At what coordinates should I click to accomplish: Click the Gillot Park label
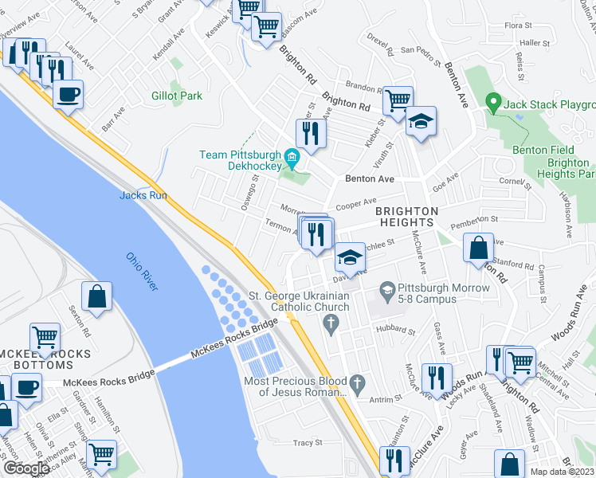click(177, 96)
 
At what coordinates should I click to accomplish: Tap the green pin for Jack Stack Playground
click(492, 102)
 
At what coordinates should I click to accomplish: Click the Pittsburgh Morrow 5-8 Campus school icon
click(388, 288)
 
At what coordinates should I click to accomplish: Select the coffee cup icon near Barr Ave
click(68, 94)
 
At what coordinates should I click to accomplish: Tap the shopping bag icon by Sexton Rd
click(96, 297)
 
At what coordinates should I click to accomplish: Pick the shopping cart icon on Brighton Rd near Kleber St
click(397, 101)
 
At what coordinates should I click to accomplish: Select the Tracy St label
click(307, 442)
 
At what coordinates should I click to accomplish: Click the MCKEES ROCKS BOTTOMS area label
click(45, 359)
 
